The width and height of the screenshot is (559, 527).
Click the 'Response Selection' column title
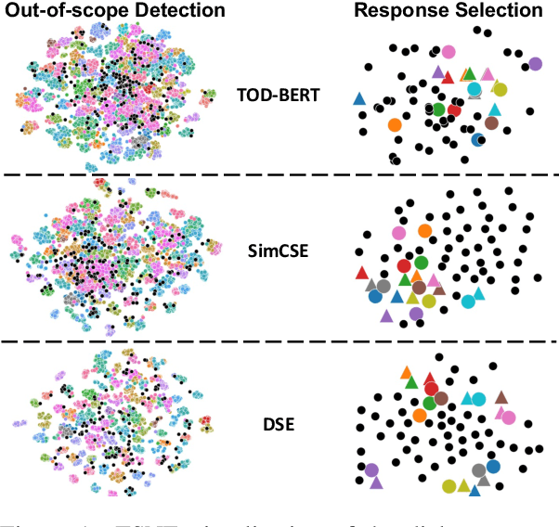click(451, 11)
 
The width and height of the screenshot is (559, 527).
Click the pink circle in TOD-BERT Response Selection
click(448, 53)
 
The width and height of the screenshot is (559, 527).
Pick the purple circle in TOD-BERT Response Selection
click(535, 64)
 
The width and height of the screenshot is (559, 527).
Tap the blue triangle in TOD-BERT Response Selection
click(359, 98)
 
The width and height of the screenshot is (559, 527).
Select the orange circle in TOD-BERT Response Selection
click(394, 124)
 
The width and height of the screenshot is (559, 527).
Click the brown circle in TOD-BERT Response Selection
click(491, 123)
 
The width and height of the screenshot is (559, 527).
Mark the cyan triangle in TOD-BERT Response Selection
click(494, 109)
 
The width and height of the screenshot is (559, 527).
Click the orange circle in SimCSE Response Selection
click(424, 230)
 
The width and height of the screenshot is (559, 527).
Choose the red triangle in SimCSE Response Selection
click(362, 273)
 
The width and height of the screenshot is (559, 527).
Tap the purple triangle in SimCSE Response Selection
click(386, 315)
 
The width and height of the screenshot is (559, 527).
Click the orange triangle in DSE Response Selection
click(407, 373)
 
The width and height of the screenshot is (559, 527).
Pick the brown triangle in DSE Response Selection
click(501, 397)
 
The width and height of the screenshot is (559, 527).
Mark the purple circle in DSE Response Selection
click(372, 471)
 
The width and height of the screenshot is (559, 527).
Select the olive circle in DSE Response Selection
click(449, 485)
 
